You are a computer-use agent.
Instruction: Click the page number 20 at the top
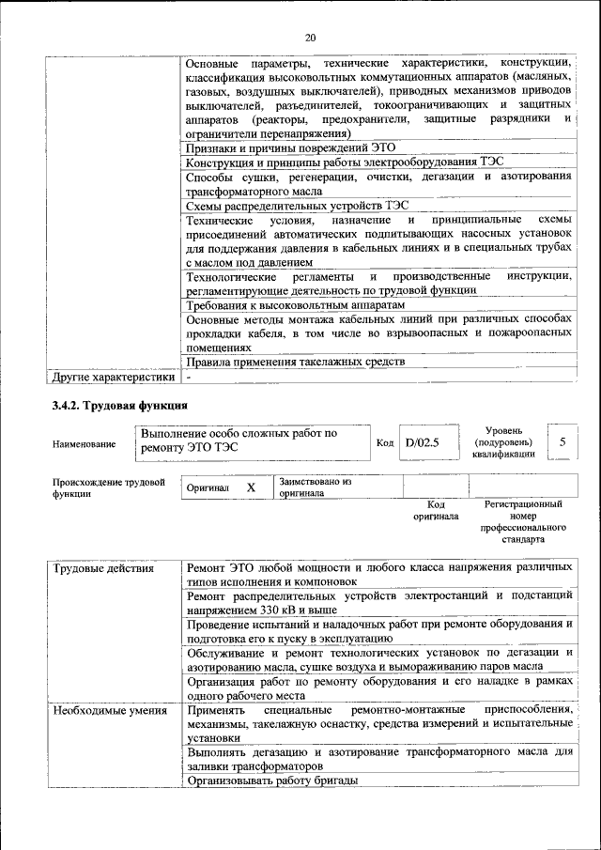coord(311,38)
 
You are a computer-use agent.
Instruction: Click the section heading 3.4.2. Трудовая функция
coord(119,406)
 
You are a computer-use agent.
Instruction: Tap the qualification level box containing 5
coord(562,440)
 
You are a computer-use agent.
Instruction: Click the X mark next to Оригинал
coord(251,487)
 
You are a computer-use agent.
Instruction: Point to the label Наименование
coord(84,444)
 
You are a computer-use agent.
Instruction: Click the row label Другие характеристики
coord(114,377)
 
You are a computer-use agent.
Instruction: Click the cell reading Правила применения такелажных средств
coord(295,362)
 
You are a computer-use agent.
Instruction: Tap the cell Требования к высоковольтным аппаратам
coord(295,306)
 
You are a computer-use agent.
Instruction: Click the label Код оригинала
coord(435,510)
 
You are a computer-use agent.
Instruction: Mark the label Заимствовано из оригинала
coord(315,487)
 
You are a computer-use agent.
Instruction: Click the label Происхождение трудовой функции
coord(102,487)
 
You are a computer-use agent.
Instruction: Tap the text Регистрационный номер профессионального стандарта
coord(523,522)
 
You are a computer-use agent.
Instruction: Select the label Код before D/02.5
coord(384,441)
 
